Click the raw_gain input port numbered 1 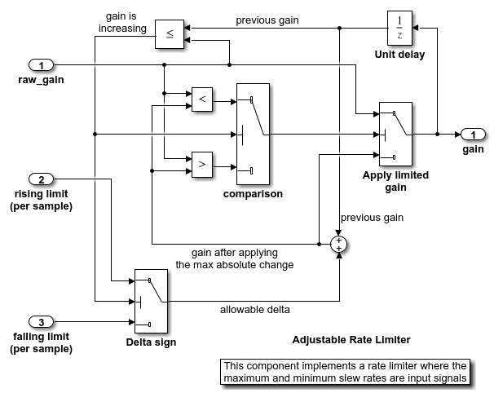tap(41, 64)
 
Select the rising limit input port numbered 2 tap(41, 179)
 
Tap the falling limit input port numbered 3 tap(41, 320)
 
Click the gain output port tap(472, 134)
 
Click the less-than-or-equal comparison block tap(170, 33)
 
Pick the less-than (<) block tap(201, 99)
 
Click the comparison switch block tap(252, 134)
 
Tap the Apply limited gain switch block tap(395, 134)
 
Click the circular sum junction tap(339, 243)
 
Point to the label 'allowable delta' tap(254, 310)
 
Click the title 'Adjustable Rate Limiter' tap(351, 339)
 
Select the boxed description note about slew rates tap(346, 371)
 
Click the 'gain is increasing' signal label tap(126, 22)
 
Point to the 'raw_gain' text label tap(41, 80)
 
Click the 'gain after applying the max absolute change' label tap(235, 258)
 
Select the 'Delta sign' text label tap(151, 342)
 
